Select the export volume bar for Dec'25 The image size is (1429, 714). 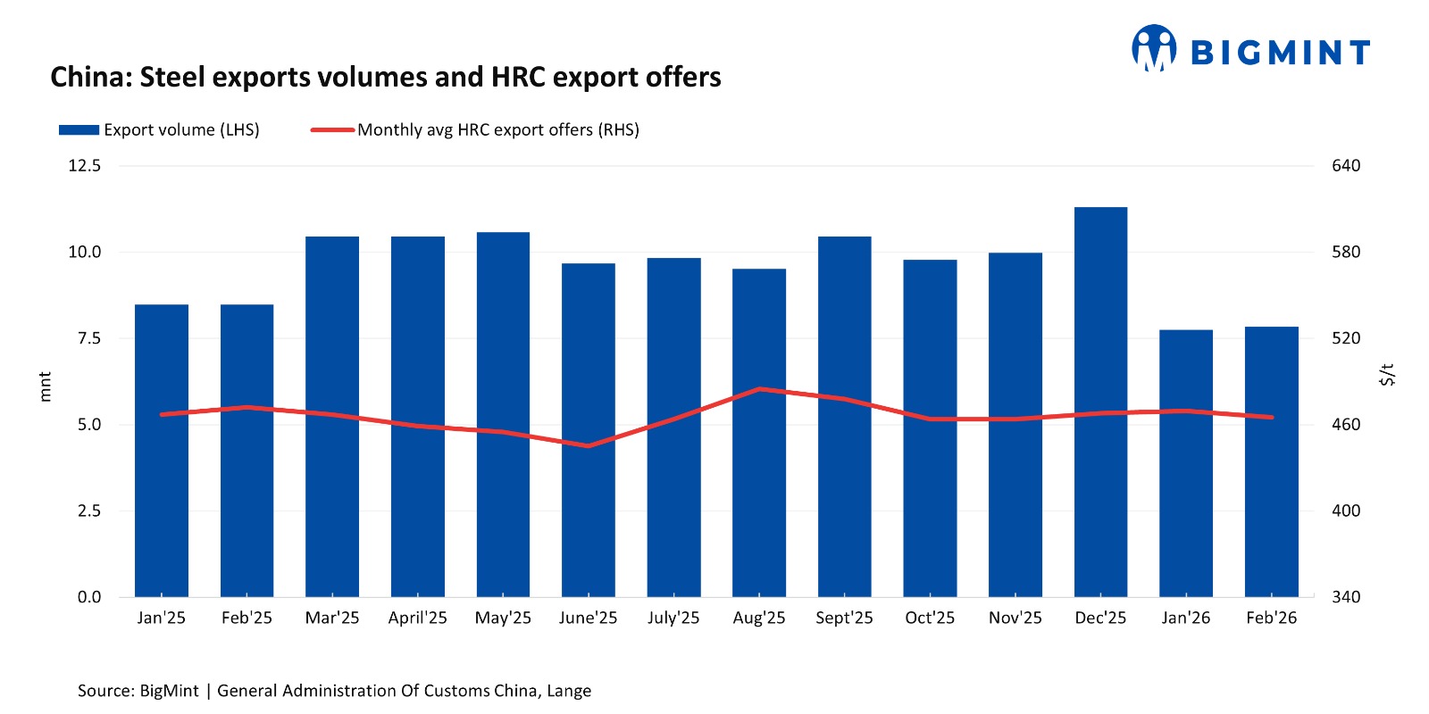click(1100, 402)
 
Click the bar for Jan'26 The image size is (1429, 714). click(1186, 464)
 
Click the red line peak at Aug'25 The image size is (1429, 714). click(759, 389)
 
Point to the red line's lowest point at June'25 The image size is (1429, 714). click(589, 445)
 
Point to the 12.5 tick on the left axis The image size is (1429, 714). click(85, 166)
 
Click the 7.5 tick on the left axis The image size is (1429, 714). click(89, 338)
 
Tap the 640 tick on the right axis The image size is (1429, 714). click(1346, 166)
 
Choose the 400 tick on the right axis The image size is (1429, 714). click(1346, 511)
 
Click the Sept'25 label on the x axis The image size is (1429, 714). click(844, 618)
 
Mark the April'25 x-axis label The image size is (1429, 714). click(417, 618)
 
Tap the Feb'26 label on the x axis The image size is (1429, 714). click(1271, 618)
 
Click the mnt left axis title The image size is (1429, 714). click(46, 386)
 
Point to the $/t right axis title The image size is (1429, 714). click(1386, 375)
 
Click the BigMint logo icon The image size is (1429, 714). click(1153, 48)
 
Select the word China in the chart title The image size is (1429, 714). click(90, 78)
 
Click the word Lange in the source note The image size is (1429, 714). click(569, 691)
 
